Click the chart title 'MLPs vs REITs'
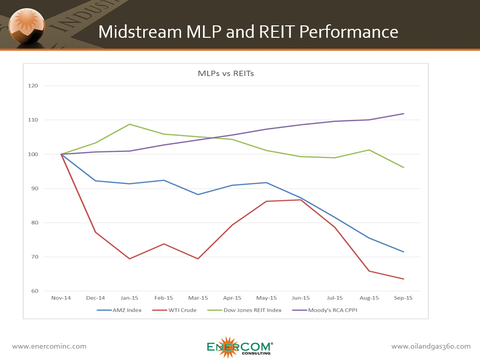(226, 74)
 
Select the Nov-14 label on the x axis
(62, 298)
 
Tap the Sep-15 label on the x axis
(403, 298)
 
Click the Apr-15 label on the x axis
(232, 298)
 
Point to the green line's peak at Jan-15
(130, 124)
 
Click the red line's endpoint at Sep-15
(403, 279)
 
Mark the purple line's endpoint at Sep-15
(403, 114)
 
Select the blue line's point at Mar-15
(198, 194)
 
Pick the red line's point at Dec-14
(96, 232)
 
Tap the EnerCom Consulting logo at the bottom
(240, 348)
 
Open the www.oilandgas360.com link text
(431, 347)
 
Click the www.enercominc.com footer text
(49, 347)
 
